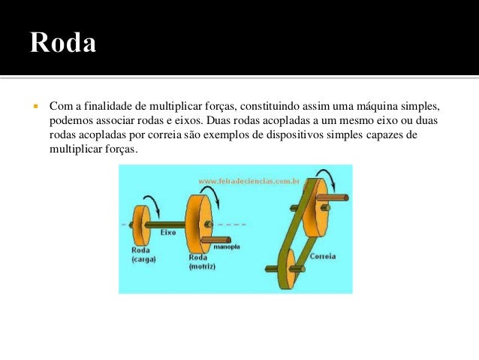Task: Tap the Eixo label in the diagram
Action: tap(167, 233)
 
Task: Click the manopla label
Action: tap(226, 246)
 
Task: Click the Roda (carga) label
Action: tap(142, 254)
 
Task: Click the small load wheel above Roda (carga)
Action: tap(140, 224)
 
